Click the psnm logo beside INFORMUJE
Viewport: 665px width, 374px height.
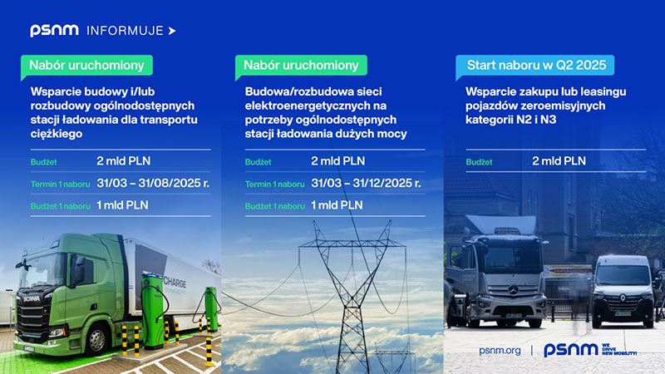click(54, 31)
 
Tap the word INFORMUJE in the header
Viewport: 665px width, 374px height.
click(126, 31)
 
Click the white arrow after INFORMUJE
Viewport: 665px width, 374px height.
click(172, 31)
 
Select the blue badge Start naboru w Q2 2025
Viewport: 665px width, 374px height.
click(534, 66)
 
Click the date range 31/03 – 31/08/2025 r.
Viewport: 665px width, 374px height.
click(153, 183)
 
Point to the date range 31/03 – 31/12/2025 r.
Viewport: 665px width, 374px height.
click(366, 183)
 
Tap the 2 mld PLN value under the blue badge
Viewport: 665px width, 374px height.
click(559, 161)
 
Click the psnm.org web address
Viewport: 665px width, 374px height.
click(500, 351)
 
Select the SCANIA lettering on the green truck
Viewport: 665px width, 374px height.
click(32, 298)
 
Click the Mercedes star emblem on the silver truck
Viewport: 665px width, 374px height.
click(513, 290)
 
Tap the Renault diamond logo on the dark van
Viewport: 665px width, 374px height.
click(622, 298)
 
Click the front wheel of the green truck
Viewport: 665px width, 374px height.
click(97, 339)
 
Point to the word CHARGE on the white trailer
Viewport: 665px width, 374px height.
click(175, 282)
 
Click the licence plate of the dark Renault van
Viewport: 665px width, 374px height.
click(623, 314)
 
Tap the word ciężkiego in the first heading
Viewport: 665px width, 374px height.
click(57, 134)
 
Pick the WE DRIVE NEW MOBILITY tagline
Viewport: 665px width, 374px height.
click(619, 350)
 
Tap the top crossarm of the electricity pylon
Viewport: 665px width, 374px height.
click(352, 244)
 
